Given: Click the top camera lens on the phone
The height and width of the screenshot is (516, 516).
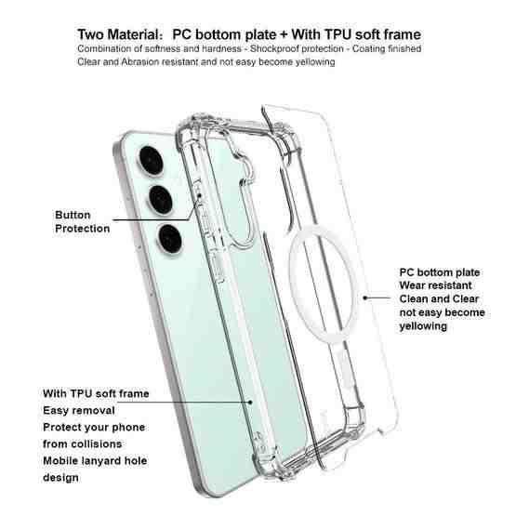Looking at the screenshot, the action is click(151, 161).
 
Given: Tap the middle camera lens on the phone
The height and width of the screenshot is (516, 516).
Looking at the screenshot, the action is click(161, 200).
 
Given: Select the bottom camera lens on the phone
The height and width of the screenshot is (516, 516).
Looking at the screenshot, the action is click(170, 239).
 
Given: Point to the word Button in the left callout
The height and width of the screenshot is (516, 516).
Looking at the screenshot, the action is click(73, 215).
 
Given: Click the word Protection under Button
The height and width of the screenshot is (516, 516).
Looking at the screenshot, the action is click(82, 229).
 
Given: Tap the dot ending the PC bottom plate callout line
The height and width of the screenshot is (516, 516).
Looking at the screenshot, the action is click(365, 298).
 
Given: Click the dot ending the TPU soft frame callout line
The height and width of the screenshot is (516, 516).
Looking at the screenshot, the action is click(250, 403).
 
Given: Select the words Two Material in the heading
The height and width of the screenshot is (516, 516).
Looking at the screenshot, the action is click(118, 34).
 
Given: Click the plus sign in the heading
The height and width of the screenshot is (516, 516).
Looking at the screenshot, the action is click(284, 35).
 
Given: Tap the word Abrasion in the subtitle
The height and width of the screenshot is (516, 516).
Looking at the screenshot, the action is click(139, 62).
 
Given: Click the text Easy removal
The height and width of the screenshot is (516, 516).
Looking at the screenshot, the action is click(79, 410).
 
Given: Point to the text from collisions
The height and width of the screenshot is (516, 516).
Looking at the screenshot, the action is click(82, 443).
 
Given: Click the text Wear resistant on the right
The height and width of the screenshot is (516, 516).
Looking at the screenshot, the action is click(435, 285).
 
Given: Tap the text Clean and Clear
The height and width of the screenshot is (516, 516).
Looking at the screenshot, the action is click(439, 298).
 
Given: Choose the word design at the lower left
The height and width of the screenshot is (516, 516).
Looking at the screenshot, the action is click(60, 478).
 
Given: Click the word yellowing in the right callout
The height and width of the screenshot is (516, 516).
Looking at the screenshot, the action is click(423, 326).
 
